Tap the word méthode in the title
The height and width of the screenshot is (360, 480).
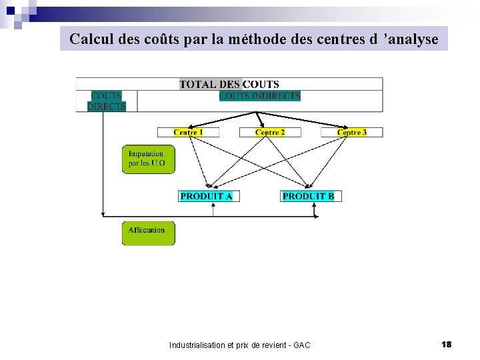tap(255, 39)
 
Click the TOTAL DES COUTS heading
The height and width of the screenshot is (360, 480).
tap(229, 84)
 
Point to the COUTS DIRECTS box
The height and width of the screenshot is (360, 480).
tap(107, 101)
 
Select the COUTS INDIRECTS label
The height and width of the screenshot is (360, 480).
tap(260, 96)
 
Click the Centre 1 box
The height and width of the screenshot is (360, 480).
tap(188, 133)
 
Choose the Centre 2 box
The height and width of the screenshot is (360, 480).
tap(270, 133)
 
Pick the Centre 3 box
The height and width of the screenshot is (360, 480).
tap(352, 133)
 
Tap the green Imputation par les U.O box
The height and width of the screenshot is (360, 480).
tap(148, 159)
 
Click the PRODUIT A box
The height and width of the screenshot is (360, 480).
tap(209, 196)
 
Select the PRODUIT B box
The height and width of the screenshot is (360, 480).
tap(311, 196)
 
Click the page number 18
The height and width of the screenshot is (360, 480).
tap(447, 344)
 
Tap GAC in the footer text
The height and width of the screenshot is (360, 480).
tap(301, 345)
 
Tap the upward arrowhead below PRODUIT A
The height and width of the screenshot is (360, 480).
tap(213, 205)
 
